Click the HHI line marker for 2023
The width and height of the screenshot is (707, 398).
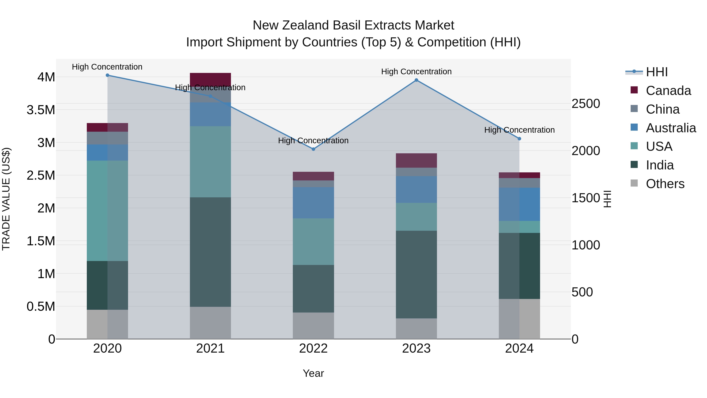click(416, 80)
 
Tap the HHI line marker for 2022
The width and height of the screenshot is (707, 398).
click(313, 149)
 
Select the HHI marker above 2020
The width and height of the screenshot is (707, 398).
click(107, 75)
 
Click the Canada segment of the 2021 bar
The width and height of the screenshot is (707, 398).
click(210, 79)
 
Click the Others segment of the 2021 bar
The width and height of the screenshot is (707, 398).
click(210, 323)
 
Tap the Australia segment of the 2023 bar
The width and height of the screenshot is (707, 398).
click(416, 189)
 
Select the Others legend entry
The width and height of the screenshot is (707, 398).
click(665, 184)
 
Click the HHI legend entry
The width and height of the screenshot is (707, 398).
click(657, 72)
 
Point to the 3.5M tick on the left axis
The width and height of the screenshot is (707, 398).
click(41, 110)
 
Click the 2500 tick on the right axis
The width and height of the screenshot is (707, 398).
click(586, 104)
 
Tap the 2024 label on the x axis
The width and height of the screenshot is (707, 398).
click(519, 348)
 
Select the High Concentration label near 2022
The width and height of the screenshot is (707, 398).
click(313, 141)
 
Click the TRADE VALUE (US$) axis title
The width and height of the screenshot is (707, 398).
click(6, 199)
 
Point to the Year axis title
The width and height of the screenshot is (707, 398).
click(313, 373)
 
